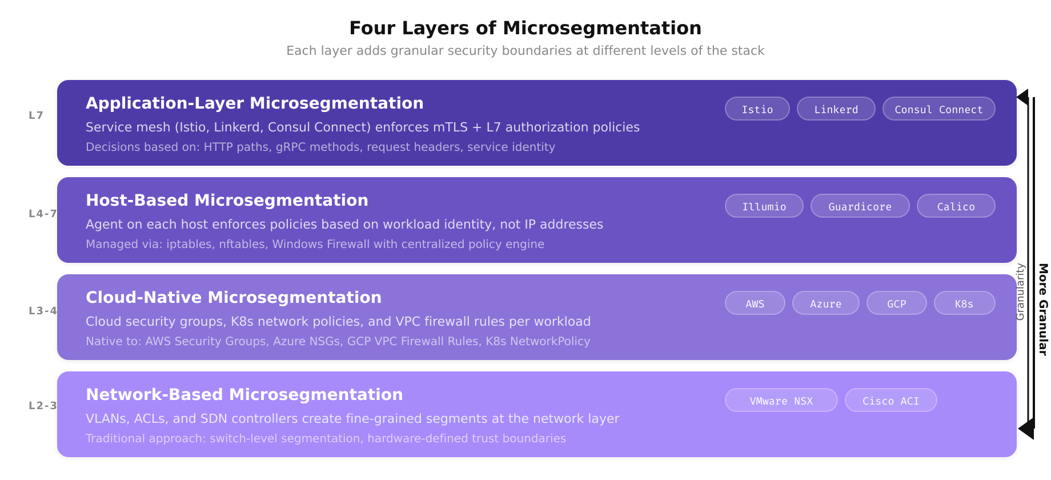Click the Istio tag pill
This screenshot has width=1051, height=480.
point(757,109)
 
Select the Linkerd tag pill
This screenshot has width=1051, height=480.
point(836,109)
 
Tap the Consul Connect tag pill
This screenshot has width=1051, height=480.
point(938,109)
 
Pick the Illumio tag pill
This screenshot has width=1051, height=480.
point(764,206)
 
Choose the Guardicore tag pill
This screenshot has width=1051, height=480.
point(860,206)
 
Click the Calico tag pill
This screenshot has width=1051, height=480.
point(956,206)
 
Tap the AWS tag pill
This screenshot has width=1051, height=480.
point(755,303)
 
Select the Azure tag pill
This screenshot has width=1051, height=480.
point(825,303)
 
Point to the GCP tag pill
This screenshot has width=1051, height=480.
point(896,303)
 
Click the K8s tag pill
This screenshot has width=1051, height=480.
point(964,303)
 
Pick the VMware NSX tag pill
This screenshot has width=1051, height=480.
point(781,401)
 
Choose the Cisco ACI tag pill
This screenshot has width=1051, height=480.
point(890,401)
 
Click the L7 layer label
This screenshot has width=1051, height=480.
point(36,115)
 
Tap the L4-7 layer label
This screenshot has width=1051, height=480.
point(43,214)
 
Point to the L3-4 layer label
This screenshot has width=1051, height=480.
point(43,311)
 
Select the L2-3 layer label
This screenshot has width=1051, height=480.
point(43,406)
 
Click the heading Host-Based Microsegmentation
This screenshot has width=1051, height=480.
point(227,200)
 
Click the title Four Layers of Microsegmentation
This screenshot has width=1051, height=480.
point(525,28)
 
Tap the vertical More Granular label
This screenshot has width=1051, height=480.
point(1043,309)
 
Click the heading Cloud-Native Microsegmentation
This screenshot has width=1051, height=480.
point(233,297)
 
